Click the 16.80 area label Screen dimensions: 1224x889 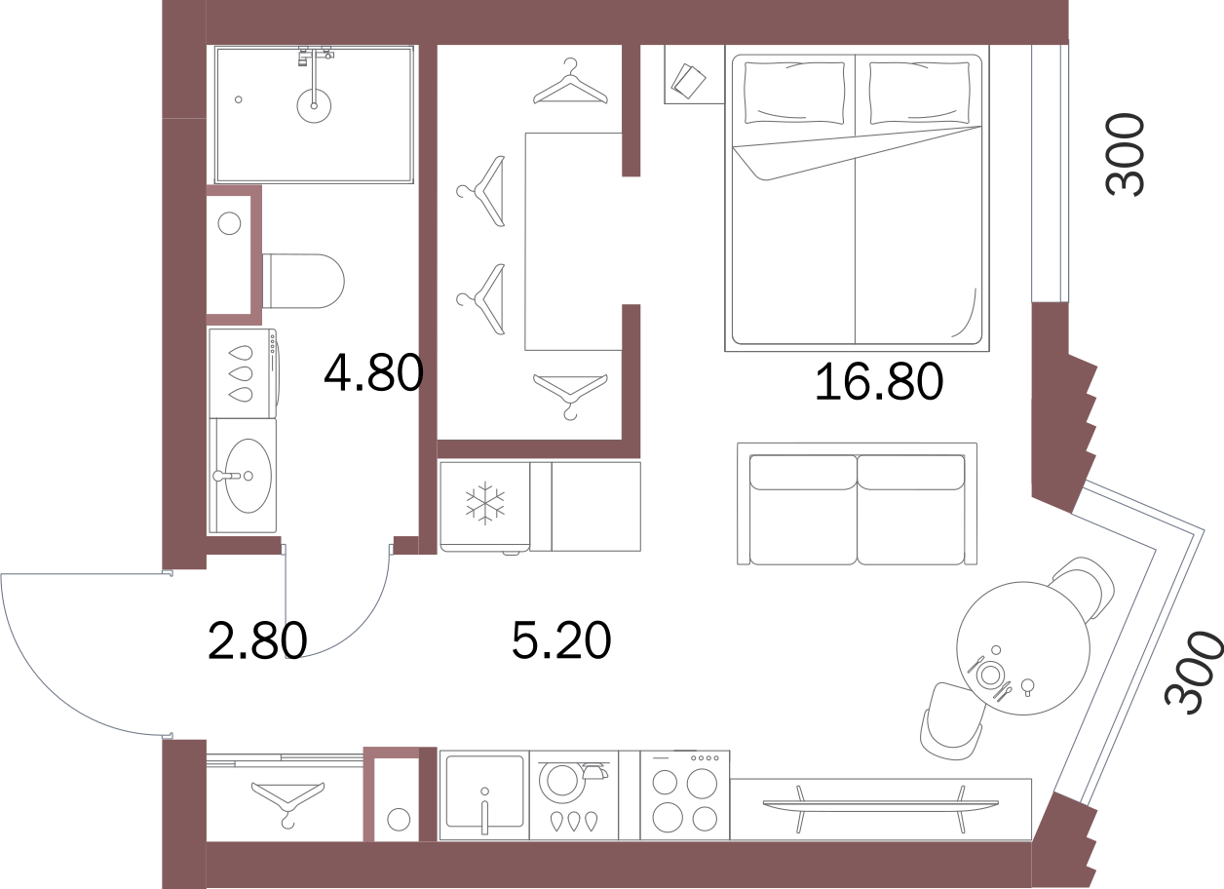(879, 381)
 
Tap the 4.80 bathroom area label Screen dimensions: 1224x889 (373, 373)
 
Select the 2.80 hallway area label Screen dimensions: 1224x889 (257, 640)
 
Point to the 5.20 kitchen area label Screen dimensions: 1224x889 (561, 639)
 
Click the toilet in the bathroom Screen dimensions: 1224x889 (303, 281)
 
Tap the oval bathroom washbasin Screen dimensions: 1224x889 (249, 476)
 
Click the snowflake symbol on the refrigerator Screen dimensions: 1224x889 (484, 502)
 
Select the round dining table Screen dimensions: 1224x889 (1023, 648)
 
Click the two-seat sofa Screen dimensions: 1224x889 (857, 504)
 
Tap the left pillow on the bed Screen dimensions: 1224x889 (794, 92)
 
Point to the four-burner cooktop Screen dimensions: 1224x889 (685, 795)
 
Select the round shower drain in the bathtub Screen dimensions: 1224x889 (314, 105)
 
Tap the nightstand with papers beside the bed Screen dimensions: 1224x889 (694, 74)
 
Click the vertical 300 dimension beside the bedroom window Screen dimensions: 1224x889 (1124, 154)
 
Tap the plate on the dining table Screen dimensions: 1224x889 (990, 676)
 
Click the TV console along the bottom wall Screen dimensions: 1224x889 (880, 809)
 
